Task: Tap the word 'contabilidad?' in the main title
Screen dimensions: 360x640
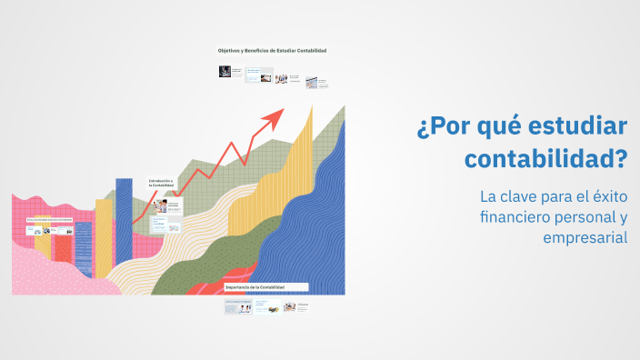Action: pyautogui.click(x=546, y=159)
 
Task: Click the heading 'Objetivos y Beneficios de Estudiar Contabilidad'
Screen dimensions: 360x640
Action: pyautogui.click(x=272, y=50)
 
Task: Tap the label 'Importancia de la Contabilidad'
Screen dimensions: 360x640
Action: pyautogui.click(x=255, y=287)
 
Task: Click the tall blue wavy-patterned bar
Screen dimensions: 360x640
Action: pyautogui.click(x=124, y=227)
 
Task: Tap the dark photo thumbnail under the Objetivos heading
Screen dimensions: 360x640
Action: pyautogui.click(x=224, y=71)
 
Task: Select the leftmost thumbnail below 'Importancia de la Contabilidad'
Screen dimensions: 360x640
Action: pyautogui.click(x=238, y=308)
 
